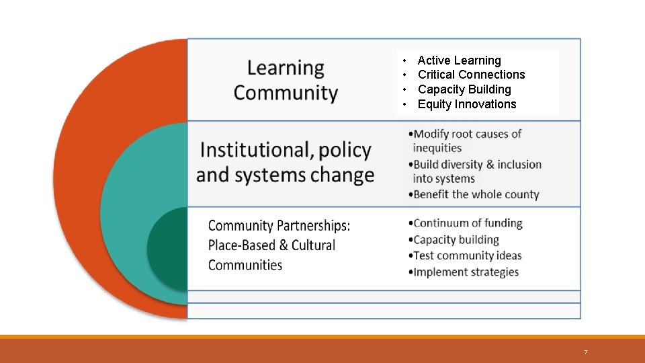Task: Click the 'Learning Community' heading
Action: point(286,80)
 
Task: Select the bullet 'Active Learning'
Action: point(459,61)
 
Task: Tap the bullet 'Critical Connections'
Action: point(471,75)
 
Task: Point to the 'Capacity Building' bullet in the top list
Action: point(464,89)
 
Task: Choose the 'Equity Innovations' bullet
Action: point(467,104)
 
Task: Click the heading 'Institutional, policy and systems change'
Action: point(286,162)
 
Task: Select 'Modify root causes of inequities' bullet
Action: point(467,140)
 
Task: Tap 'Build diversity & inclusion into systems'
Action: point(476,171)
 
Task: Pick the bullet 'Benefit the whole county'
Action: point(476,194)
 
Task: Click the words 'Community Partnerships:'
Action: point(279,226)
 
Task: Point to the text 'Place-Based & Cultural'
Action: point(271,245)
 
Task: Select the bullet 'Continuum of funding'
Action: point(468,223)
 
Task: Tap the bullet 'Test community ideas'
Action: point(468,255)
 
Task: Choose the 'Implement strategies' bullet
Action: point(466,272)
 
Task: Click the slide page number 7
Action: point(585,352)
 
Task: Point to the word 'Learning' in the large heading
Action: point(286,68)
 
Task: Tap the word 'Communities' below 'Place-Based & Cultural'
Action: point(245,265)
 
